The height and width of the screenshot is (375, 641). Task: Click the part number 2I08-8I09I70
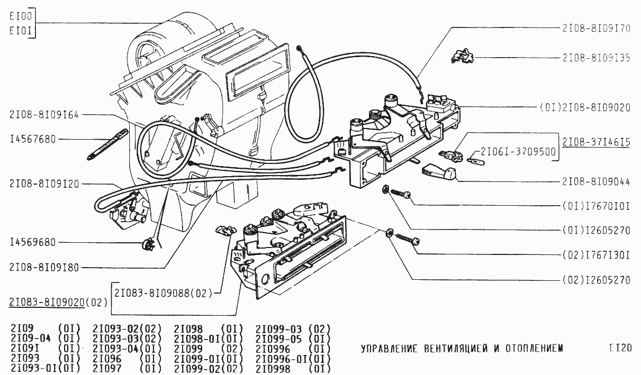point(597,29)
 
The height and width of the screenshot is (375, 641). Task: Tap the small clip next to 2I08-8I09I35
point(462,55)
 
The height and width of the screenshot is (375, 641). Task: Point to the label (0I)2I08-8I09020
point(585,107)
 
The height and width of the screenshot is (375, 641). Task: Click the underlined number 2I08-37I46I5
point(597,142)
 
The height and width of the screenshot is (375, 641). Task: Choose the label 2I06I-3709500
point(518,152)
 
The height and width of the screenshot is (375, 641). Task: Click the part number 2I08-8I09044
point(597,181)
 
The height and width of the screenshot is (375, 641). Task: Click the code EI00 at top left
point(21,16)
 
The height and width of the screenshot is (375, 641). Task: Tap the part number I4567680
point(33,140)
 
